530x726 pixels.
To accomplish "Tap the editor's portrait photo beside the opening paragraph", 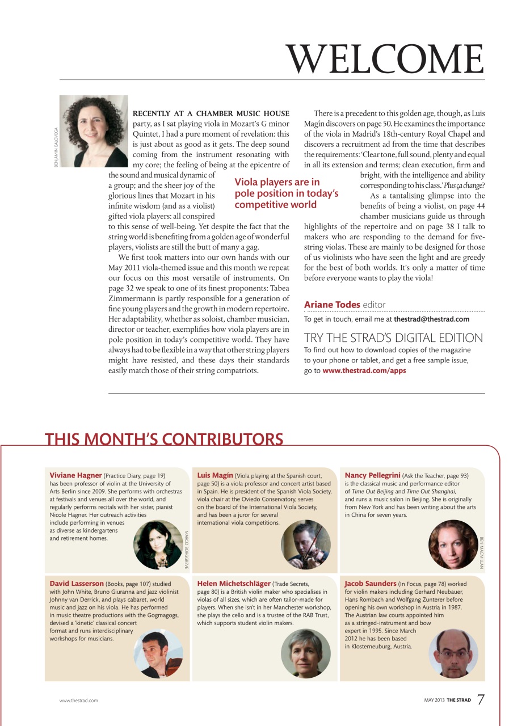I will pos(94,131).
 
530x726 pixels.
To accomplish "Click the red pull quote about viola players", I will pos(286,193).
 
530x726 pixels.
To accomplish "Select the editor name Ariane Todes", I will pos(332,305).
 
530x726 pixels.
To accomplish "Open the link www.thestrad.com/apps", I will pos(364,370).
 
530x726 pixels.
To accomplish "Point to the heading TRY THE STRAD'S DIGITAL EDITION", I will pos(393,338).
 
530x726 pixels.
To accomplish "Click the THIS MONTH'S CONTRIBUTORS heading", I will pos(164,440).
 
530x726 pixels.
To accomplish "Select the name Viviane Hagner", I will pos(75,475).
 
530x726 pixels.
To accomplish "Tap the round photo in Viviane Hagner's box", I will pos(158,544).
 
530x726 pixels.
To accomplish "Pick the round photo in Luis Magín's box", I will pos(305,544).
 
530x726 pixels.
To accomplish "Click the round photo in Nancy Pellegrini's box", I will pos(453,544).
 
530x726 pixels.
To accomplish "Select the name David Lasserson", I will pos(77,583).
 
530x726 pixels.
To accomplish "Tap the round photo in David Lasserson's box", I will pos(158,653).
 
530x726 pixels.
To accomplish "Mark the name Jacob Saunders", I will pos(370,583).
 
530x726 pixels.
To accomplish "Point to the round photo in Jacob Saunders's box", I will pos(453,653).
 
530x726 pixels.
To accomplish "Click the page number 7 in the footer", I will pos(481,699).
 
